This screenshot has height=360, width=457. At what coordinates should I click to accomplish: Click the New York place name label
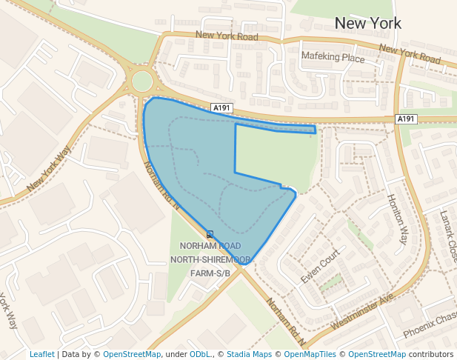368,23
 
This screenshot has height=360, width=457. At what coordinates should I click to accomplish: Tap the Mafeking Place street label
333,56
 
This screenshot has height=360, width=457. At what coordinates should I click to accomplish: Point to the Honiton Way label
398,219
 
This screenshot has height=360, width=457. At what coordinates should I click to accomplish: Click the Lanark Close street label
448,237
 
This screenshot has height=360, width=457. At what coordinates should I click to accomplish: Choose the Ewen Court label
320,266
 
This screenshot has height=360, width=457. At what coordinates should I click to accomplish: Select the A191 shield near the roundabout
221,108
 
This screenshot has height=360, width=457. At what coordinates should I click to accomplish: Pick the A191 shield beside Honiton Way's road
406,119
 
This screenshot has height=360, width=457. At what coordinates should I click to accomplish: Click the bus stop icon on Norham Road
210,234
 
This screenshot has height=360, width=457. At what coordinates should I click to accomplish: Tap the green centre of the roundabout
141,81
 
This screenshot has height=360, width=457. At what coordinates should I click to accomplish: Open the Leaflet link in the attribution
41,354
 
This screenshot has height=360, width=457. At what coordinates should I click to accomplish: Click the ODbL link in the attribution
200,354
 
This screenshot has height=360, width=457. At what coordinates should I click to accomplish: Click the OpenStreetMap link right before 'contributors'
376,354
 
